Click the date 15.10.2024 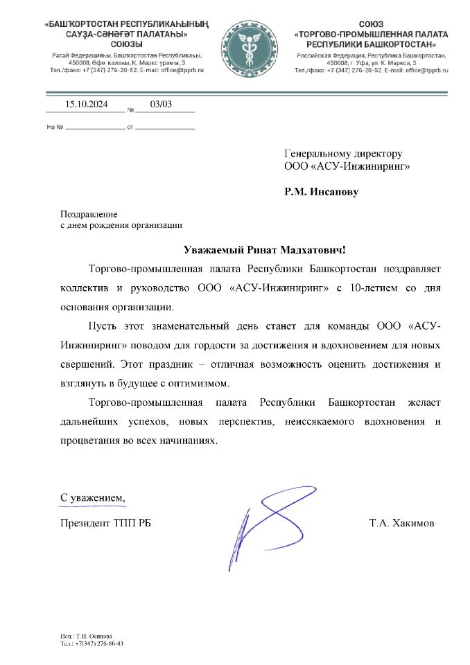tap(87, 105)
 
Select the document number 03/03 tap(161, 105)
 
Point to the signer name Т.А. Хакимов tap(401, 523)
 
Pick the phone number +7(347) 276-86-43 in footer tap(99, 644)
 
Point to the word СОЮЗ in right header tap(372, 24)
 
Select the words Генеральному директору tap(343, 154)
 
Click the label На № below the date tap(55, 127)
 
